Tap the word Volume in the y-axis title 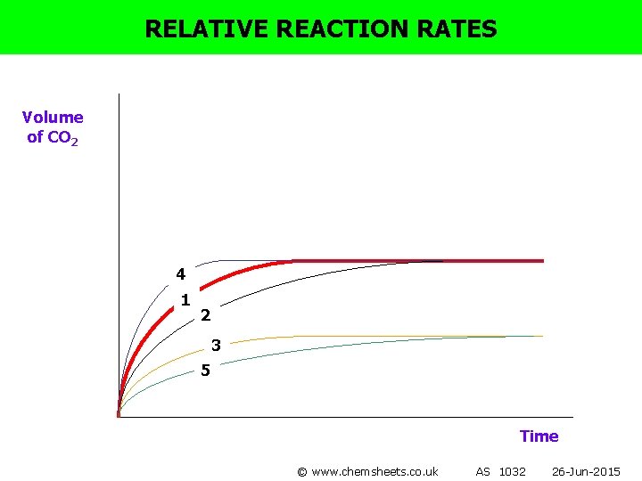pyautogui.click(x=53, y=118)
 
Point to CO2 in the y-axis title pyautogui.click(x=62, y=137)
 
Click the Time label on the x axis pyautogui.click(x=539, y=436)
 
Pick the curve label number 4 pyautogui.click(x=180, y=273)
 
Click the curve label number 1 pyautogui.click(x=185, y=300)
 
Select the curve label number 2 pyautogui.click(x=206, y=314)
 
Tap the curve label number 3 pyautogui.click(x=216, y=345)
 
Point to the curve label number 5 pyautogui.click(x=205, y=370)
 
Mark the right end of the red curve pyautogui.click(x=542, y=261)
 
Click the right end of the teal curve pyautogui.click(x=542, y=336)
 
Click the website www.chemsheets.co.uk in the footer pyautogui.click(x=374, y=471)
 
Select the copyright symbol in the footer pyautogui.click(x=302, y=471)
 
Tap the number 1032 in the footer pyautogui.click(x=513, y=471)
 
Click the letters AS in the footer pyautogui.click(x=483, y=471)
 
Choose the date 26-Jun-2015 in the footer pyautogui.click(x=586, y=471)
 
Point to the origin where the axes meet pyautogui.click(x=119, y=416)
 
